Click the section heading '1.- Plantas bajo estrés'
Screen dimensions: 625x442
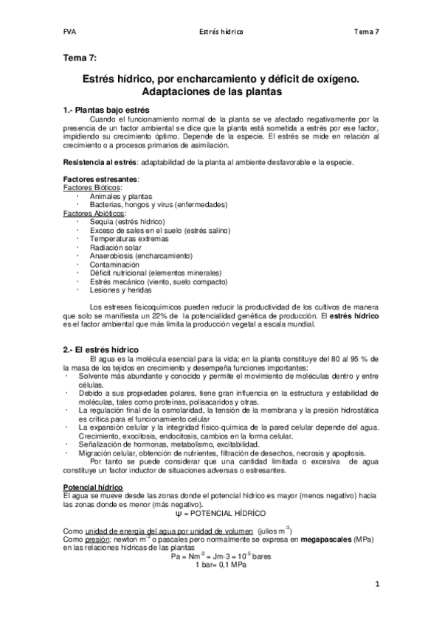(108, 109)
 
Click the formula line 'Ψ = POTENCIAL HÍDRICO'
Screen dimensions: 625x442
(220, 512)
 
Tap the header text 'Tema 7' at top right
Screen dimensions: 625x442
(367, 32)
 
